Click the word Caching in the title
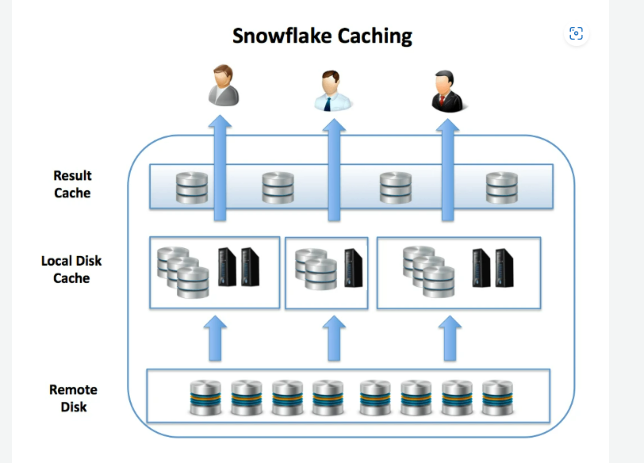(x=374, y=36)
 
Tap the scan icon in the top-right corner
(x=577, y=33)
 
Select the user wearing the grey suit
(x=223, y=86)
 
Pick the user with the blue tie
(x=332, y=90)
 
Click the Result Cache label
(x=72, y=184)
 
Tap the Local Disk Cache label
(x=71, y=270)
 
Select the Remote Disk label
(x=73, y=398)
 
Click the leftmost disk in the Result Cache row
(x=192, y=187)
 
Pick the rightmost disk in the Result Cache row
(x=501, y=187)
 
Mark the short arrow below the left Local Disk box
(x=215, y=338)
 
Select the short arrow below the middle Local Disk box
(x=334, y=338)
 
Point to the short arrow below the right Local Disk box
(x=449, y=338)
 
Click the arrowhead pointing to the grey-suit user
(x=220, y=124)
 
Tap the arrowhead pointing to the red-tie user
(x=449, y=124)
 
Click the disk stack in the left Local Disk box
(x=182, y=270)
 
